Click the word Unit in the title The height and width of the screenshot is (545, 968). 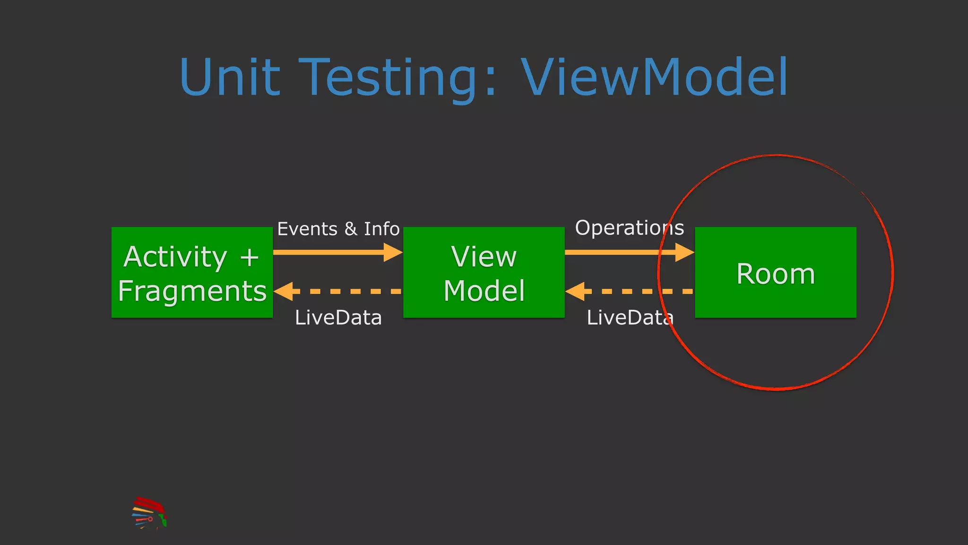230,77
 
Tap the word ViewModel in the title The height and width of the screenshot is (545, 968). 655,77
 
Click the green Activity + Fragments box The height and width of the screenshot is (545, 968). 192,272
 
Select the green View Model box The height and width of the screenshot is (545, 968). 484,272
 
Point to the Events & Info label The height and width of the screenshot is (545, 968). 338,229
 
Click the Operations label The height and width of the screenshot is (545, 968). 629,228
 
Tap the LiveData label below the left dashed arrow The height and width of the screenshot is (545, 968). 338,317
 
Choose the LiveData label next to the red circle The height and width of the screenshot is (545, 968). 629,317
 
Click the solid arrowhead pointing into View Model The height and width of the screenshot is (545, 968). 393,252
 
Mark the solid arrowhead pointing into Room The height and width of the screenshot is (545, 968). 684,252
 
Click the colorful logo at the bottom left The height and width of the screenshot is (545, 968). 149,513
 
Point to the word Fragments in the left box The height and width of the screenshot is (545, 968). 192,290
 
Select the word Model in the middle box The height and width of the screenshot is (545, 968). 484,290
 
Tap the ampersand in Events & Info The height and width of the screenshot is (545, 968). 351,229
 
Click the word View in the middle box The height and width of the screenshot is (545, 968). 484,257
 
